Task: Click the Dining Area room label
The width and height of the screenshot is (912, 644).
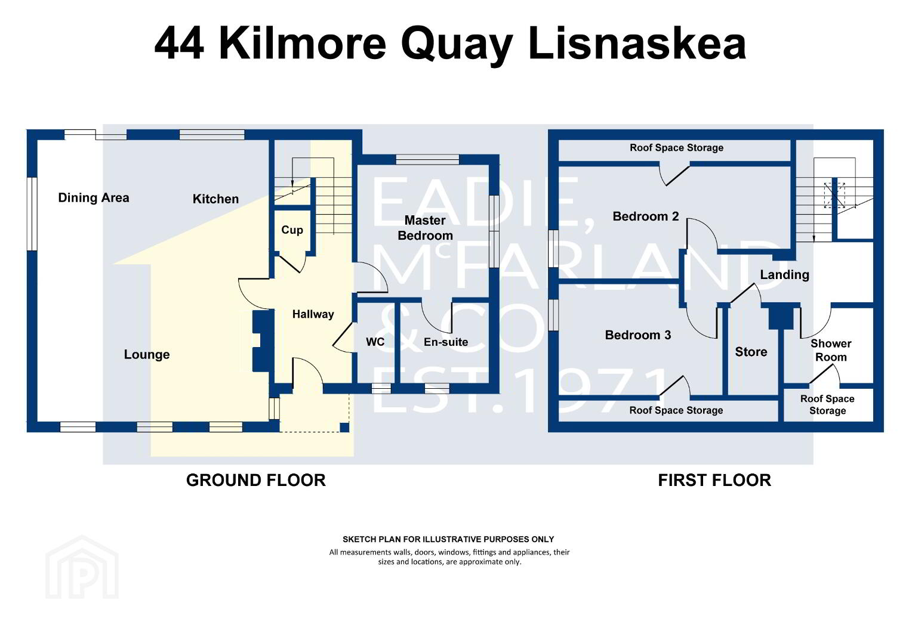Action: (x=94, y=198)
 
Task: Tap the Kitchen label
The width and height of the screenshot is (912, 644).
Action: (x=215, y=199)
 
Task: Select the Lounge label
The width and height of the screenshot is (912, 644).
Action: (x=147, y=354)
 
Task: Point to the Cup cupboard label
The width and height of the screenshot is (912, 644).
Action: (x=292, y=230)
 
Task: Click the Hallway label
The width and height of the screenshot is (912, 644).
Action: (x=313, y=314)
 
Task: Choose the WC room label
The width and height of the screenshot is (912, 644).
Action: (x=375, y=342)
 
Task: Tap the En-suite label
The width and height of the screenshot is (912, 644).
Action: (x=446, y=342)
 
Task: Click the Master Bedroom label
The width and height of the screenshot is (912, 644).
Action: (x=425, y=228)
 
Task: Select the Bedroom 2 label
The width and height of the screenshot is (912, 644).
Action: (x=646, y=216)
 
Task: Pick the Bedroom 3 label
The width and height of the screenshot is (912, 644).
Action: (x=638, y=335)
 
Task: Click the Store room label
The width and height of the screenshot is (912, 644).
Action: (x=751, y=351)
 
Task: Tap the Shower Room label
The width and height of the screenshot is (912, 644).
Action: (x=831, y=350)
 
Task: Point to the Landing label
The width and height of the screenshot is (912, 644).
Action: (x=784, y=275)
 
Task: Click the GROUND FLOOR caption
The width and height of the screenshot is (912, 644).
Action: (x=255, y=481)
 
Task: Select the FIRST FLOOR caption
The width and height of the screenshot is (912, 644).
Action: (x=714, y=481)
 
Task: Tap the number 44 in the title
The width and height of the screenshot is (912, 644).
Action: (x=179, y=43)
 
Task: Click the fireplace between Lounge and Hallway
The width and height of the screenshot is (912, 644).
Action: (x=262, y=341)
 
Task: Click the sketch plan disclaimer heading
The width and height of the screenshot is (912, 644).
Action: (x=448, y=539)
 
